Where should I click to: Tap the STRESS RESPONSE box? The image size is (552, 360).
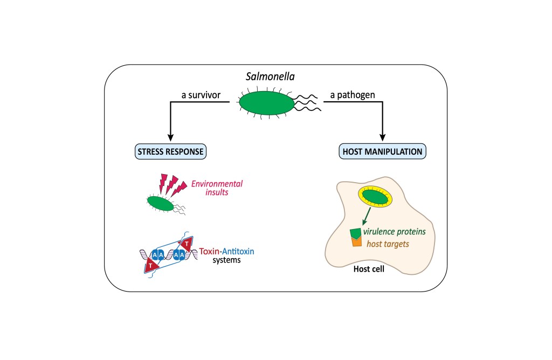click(171, 151)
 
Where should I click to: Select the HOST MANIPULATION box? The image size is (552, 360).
click(383, 151)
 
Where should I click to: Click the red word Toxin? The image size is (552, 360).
click(210, 251)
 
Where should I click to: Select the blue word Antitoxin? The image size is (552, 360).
click(238, 251)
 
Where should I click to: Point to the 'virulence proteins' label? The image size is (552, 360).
click(394, 231)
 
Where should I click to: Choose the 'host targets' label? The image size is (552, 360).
click(388, 244)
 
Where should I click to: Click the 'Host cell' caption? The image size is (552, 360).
click(369, 268)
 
